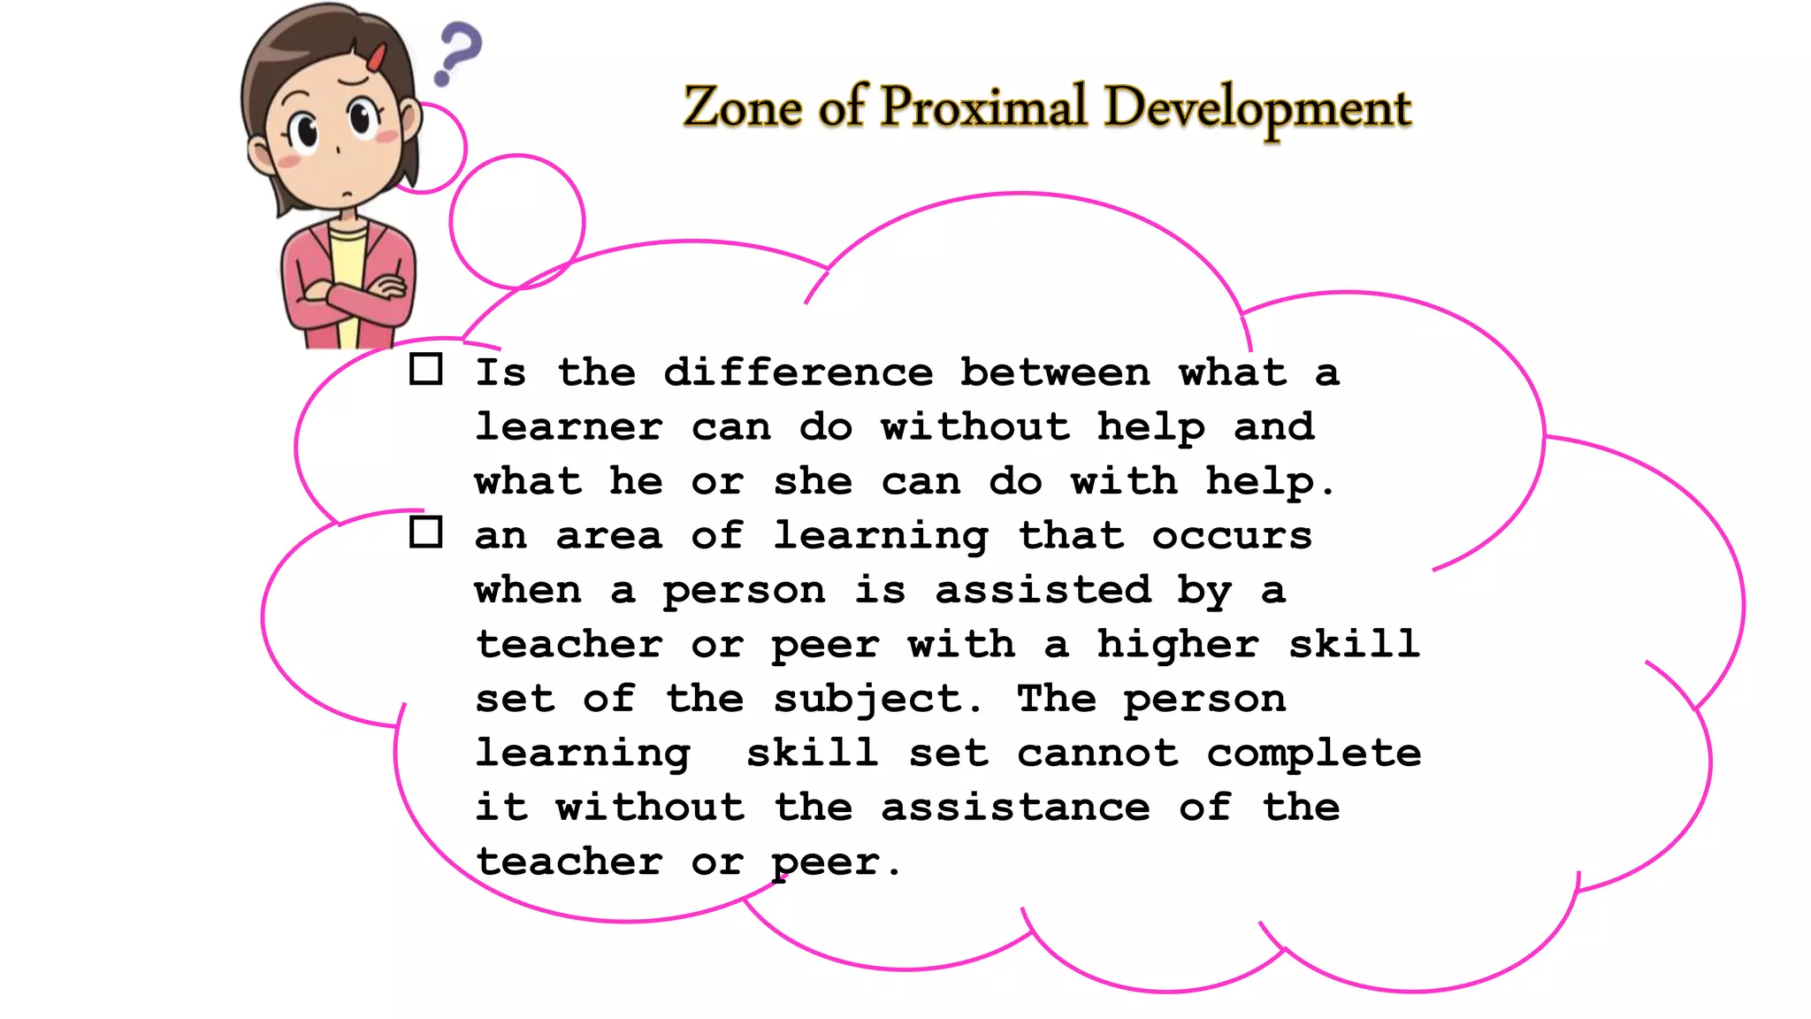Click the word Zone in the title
(742, 108)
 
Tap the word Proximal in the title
(982, 108)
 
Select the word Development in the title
(1257, 110)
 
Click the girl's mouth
(348, 194)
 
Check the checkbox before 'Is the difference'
(426, 369)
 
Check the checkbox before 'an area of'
(426, 532)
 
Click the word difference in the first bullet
(798, 372)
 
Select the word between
(1055, 372)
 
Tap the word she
(813, 481)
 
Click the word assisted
(1043, 590)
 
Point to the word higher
(1178, 645)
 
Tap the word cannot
(1097, 754)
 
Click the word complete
(1314, 754)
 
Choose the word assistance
(1015, 808)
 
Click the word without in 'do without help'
(974, 427)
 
